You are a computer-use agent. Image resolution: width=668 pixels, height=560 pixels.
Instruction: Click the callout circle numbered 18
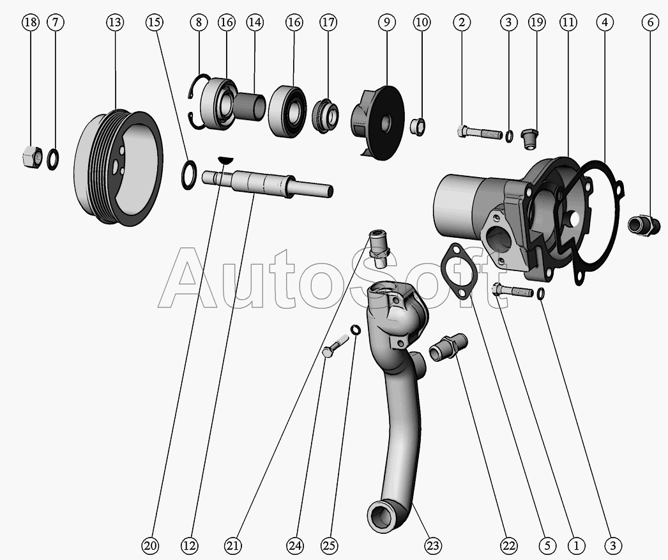(31, 22)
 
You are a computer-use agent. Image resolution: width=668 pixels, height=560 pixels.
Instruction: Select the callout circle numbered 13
(114, 22)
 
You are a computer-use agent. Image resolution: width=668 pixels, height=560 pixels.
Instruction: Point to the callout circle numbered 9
(386, 22)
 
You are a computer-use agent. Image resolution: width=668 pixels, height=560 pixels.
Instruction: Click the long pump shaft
(267, 183)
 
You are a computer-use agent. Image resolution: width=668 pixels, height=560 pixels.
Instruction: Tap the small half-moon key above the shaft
(225, 160)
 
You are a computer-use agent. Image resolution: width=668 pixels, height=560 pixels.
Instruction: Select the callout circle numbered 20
(150, 545)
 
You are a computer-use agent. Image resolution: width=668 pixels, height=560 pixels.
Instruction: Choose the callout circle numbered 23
(432, 545)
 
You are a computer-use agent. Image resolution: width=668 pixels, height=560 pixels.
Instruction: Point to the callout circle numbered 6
(650, 22)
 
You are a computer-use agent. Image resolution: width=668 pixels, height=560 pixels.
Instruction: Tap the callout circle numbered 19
(536, 22)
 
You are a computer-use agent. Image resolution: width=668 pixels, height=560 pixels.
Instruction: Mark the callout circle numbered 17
(328, 22)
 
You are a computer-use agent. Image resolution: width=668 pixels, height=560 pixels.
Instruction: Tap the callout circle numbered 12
(190, 545)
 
